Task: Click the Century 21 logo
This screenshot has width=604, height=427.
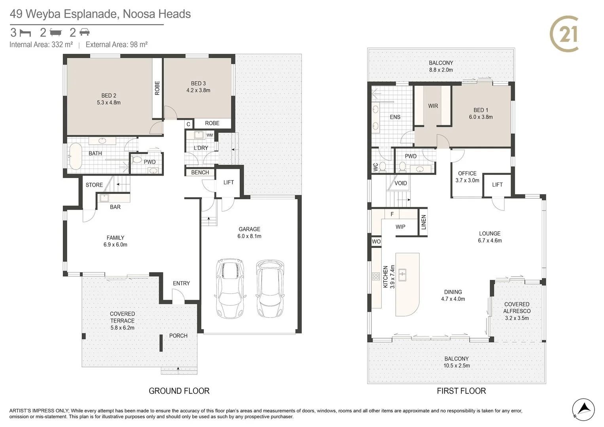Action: pos(564,34)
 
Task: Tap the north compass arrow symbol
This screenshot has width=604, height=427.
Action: pos(583,410)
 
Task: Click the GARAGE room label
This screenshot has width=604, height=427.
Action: pos(249,229)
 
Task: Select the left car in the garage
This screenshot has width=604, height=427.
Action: pos(230,289)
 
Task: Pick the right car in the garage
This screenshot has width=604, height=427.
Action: pos(270,289)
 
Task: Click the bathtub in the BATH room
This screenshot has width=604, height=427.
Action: pos(76,156)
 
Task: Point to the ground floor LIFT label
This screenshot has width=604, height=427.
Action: pos(228,183)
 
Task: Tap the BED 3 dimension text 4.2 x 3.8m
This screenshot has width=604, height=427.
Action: pos(198,90)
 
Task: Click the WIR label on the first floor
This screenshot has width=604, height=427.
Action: pos(433,106)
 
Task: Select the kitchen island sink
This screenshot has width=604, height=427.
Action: pos(402,275)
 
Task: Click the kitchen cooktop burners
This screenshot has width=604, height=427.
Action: pos(376,276)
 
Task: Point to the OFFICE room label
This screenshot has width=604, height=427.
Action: pos(467,173)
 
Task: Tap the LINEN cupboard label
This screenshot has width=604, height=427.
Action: pos(423,222)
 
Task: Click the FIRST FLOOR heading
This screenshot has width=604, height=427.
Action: pos(461,391)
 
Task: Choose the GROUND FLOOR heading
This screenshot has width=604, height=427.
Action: pos(179,391)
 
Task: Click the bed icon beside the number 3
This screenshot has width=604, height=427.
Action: pos(25,33)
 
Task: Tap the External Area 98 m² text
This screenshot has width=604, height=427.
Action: pos(116,44)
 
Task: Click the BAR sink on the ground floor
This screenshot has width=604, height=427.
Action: pos(104,198)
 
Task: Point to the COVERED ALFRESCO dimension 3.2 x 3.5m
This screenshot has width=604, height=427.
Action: pos(517,318)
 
